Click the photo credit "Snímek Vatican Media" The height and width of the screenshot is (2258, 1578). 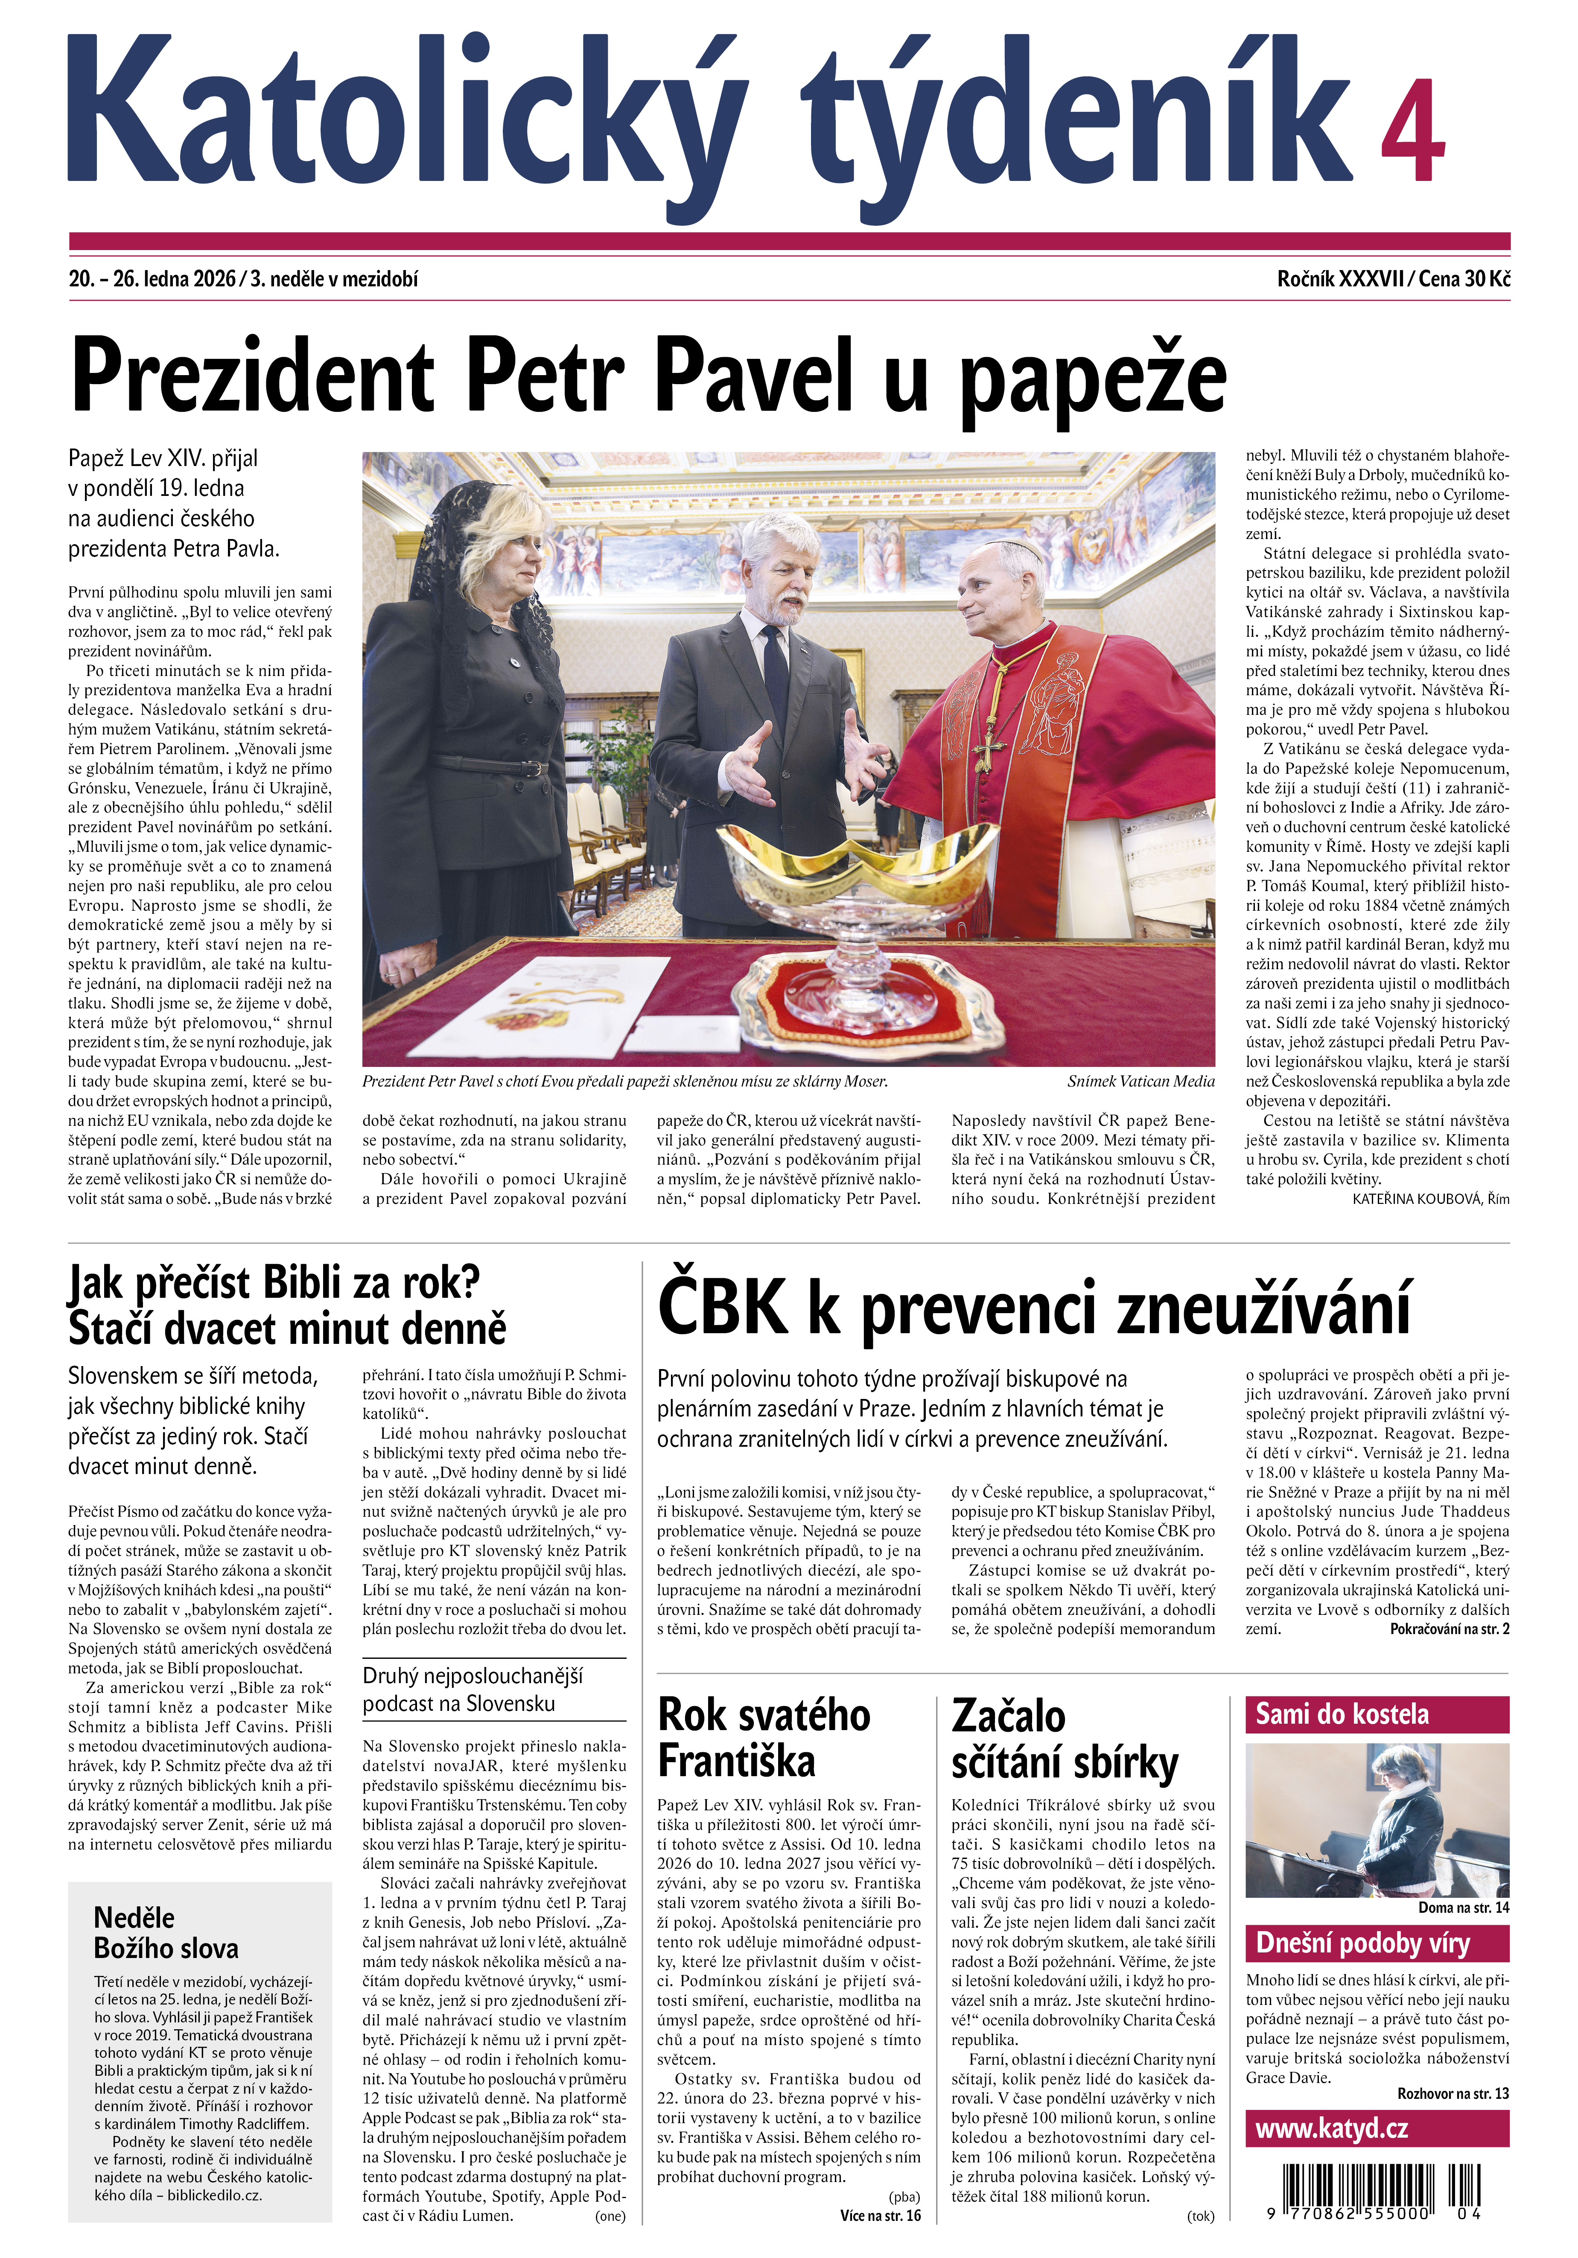tap(1140, 1081)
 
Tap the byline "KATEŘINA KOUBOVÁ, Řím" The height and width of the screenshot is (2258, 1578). tap(1429, 1199)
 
